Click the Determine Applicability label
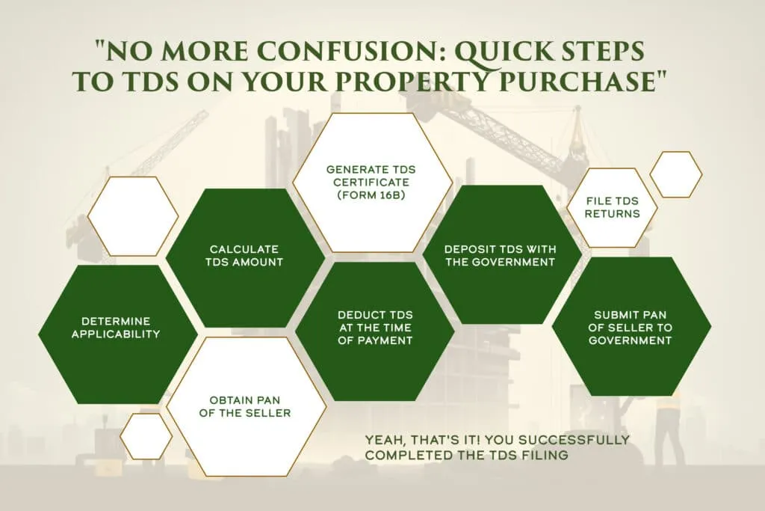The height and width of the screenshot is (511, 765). (x=116, y=328)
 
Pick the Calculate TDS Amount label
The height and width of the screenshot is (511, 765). (x=244, y=256)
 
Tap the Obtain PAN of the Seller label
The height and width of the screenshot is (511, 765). (x=245, y=406)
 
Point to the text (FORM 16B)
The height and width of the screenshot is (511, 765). (x=371, y=195)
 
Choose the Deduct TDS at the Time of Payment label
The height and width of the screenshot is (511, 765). (x=375, y=327)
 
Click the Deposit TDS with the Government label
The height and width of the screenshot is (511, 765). (x=500, y=256)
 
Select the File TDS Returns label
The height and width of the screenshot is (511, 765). (x=613, y=207)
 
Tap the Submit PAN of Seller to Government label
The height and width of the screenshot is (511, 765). (x=631, y=327)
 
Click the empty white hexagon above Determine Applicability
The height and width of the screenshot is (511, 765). (x=133, y=216)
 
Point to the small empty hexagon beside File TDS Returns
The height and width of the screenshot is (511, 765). (x=675, y=174)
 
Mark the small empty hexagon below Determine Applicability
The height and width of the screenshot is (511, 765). (x=146, y=436)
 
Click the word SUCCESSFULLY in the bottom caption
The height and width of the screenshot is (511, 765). (x=574, y=440)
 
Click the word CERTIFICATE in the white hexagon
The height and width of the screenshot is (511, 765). (x=371, y=183)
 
